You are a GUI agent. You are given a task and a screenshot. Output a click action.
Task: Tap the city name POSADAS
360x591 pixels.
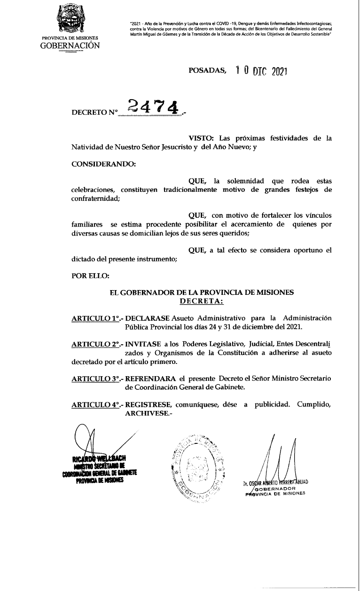(x=207, y=71)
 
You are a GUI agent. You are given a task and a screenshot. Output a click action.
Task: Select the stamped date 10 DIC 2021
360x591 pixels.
(x=261, y=71)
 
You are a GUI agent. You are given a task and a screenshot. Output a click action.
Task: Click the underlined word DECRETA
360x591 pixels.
(x=202, y=300)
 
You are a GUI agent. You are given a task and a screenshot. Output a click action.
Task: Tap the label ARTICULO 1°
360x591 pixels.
(x=94, y=318)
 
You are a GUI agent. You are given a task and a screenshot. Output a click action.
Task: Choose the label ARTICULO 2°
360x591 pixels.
(x=94, y=344)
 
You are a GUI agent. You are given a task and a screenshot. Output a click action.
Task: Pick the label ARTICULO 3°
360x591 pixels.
(x=94, y=379)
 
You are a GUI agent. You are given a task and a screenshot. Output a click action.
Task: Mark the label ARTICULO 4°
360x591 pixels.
(x=94, y=404)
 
